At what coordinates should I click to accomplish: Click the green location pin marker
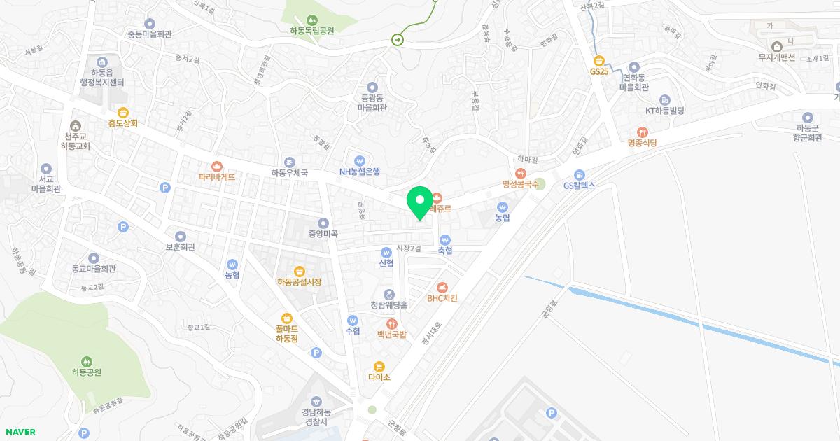tap(420, 203)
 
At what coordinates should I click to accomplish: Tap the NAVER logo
tap(19, 432)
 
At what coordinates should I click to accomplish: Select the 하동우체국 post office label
tap(290, 172)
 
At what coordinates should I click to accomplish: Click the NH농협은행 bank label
tap(360, 171)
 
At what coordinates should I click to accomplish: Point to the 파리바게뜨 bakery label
tap(216, 177)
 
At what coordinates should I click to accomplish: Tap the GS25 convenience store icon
tap(598, 60)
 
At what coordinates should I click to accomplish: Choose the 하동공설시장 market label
tap(299, 282)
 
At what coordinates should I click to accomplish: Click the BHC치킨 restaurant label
tap(442, 297)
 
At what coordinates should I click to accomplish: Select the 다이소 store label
tap(379, 377)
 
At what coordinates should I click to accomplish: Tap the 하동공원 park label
tap(87, 372)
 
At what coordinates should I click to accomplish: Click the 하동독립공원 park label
tap(311, 31)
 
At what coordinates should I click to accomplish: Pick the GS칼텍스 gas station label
tap(579, 185)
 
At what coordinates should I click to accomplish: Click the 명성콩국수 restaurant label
tap(520, 184)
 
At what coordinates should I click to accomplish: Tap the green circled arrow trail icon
tap(398, 40)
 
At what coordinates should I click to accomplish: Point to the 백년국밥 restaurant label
tap(391, 335)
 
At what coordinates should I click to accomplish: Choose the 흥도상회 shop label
tap(123, 122)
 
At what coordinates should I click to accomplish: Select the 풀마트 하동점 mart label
tap(287, 333)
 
